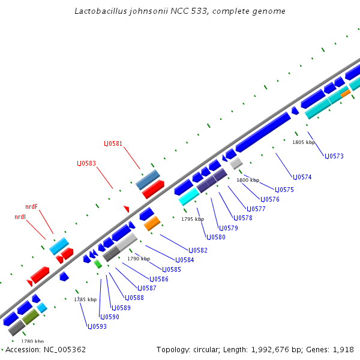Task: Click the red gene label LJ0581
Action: click(x=113, y=143)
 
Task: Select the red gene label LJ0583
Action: click(x=86, y=163)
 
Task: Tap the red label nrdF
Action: click(x=31, y=206)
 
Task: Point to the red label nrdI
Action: click(x=20, y=217)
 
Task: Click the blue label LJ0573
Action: click(x=334, y=156)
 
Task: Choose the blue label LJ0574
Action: click(x=302, y=177)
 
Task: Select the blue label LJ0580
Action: click(x=216, y=237)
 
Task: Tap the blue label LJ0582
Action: click(x=198, y=250)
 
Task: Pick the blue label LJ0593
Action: click(x=97, y=326)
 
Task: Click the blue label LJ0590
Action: click(x=110, y=317)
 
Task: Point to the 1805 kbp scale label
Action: click(x=303, y=143)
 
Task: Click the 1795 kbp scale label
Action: click(x=193, y=220)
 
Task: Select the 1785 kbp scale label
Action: click(x=85, y=299)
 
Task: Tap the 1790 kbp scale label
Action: click(x=139, y=259)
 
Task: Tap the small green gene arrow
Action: click(x=98, y=264)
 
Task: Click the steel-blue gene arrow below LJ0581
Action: click(x=148, y=179)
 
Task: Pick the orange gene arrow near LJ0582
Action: click(x=152, y=224)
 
